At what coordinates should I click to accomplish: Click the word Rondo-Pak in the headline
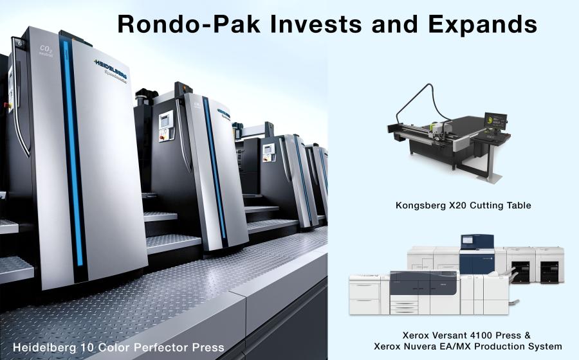(188, 24)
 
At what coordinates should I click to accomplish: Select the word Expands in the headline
(482, 24)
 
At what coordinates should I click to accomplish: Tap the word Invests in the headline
(316, 24)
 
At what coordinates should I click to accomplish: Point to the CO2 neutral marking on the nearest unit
(46, 51)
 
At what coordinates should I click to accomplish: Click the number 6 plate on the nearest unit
(19, 43)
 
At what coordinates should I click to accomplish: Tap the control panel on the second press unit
(166, 125)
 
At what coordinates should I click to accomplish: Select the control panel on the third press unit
(268, 152)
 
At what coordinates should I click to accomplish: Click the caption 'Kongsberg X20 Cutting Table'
(463, 205)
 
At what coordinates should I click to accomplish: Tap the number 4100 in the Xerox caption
(480, 336)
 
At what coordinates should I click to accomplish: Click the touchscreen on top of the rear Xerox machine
(468, 240)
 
